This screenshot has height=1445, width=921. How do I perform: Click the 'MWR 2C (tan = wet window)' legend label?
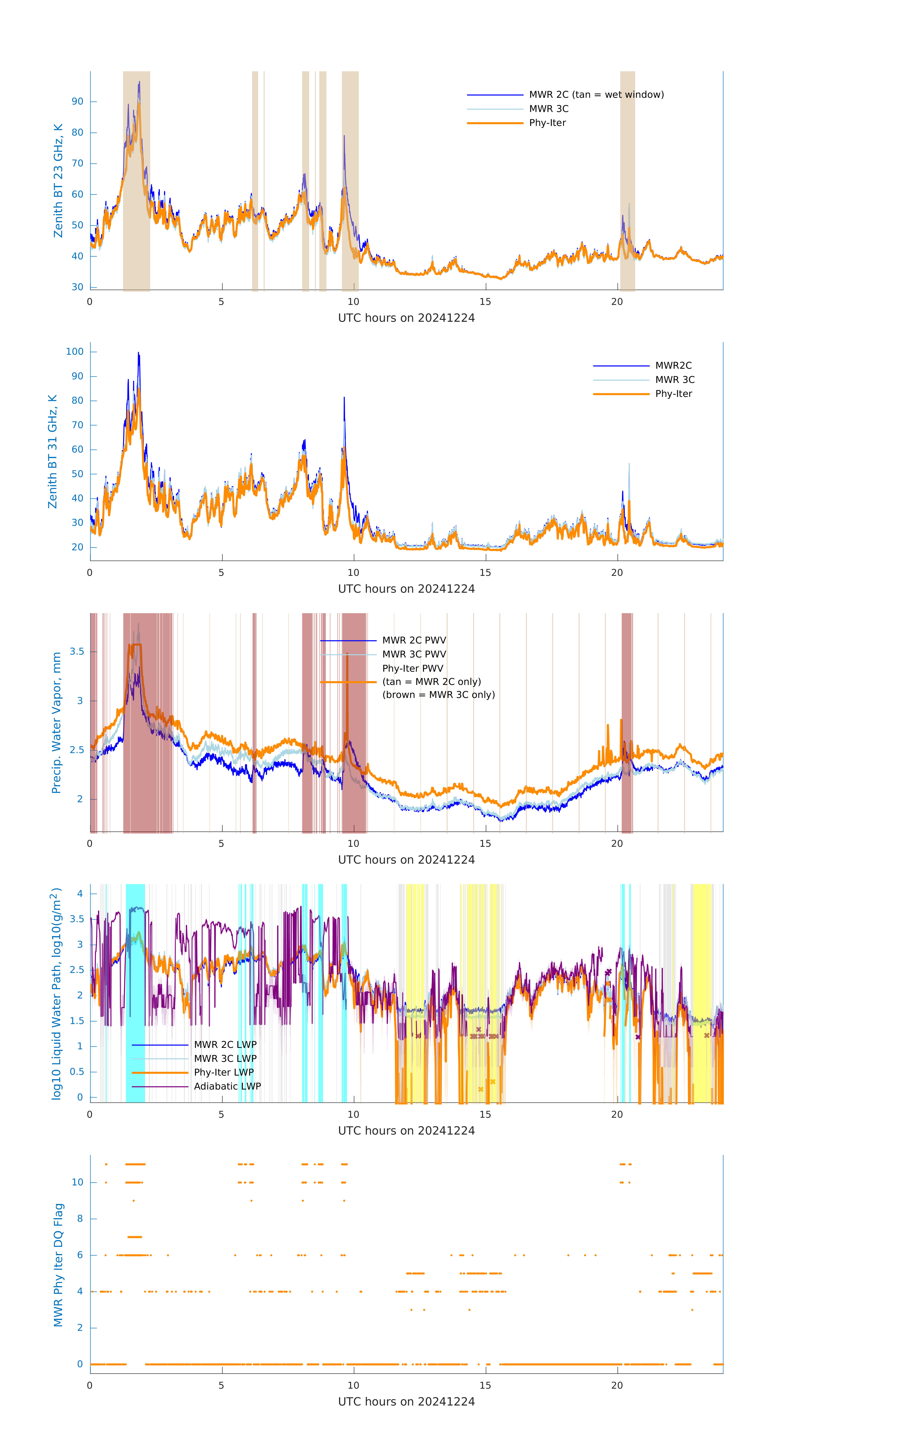pyautogui.click(x=596, y=95)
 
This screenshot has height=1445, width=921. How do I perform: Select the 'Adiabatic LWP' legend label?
pyautogui.click(x=227, y=1086)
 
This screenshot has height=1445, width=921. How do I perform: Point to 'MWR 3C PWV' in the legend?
pyautogui.click(x=414, y=654)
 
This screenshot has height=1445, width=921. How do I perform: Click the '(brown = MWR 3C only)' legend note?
pyautogui.click(x=439, y=695)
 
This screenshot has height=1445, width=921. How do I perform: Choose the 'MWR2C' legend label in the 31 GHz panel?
pyautogui.click(x=673, y=365)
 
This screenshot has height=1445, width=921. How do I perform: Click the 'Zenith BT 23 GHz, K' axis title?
pyautogui.click(x=58, y=181)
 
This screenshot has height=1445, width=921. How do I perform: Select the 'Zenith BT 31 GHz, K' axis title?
pyautogui.click(x=53, y=451)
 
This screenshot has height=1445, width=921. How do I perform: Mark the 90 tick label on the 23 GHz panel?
pyautogui.click(x=77, y=101)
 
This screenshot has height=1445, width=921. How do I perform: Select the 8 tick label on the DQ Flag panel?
pyautogui.click(x=80, y=1219)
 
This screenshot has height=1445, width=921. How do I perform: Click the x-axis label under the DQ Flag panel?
pyautogui.click(x=406, y=1402)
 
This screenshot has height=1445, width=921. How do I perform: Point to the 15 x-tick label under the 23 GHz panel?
pyautogui.click(x=485, y=302)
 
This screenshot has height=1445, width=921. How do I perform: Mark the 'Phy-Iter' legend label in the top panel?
pyautogui.click(x=547, y=123)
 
